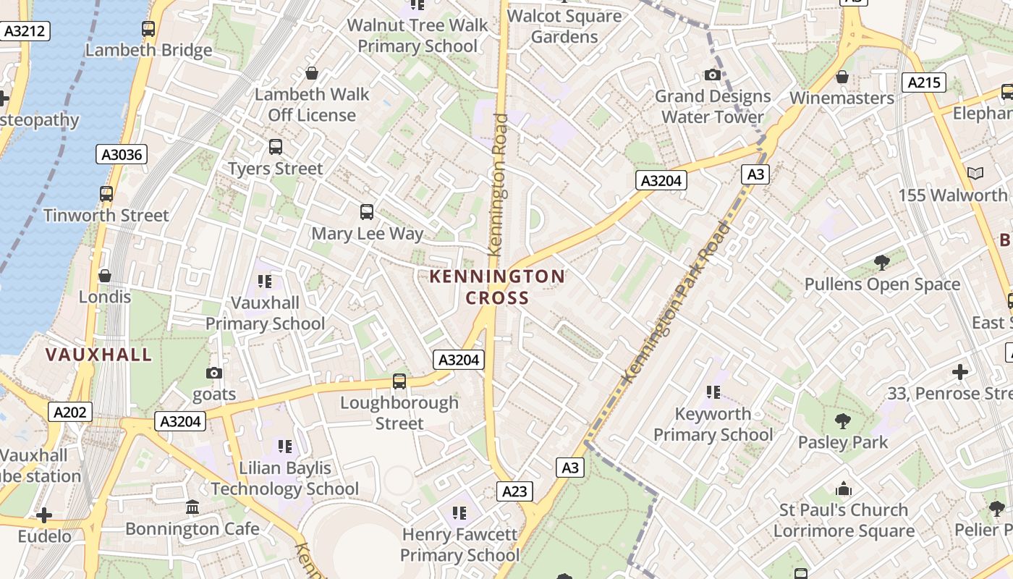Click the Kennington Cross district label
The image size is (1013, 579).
tap(497, 287)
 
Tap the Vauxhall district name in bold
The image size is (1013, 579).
tap(99, 355)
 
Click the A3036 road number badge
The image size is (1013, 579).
tap(122, 154)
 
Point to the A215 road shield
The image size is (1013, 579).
tap(924, 83)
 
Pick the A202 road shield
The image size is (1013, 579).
tap(71, 413)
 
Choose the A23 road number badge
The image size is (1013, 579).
tap(514, 492)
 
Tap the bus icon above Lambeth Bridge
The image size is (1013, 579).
tap(148, 29)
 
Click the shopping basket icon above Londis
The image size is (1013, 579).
tap(105, 276)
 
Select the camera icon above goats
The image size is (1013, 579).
tap(214, 373)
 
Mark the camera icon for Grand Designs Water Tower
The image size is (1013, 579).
tap(713, 75)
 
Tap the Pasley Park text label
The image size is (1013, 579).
tap(842, 442)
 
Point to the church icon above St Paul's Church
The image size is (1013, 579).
tap(843, 489)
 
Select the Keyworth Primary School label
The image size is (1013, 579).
tap(713, 424)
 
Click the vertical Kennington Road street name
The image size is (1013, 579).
tap(498, 185)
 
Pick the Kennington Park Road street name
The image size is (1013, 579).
tap(677, 303)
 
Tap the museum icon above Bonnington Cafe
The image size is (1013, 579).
tap(192, 507)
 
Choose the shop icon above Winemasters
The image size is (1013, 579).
tap(842, 77)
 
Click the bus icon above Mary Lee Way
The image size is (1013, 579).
tap(367, 212)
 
